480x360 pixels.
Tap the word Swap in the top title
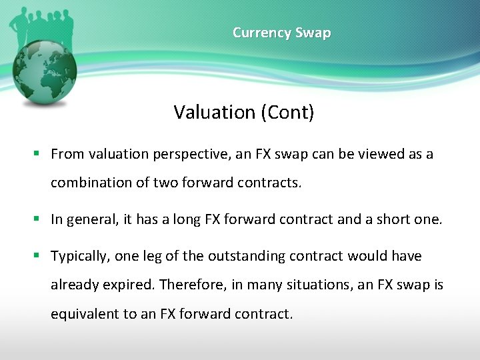313,33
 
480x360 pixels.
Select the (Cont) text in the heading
288,112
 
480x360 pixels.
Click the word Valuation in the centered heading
215,112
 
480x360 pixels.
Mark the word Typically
80,257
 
